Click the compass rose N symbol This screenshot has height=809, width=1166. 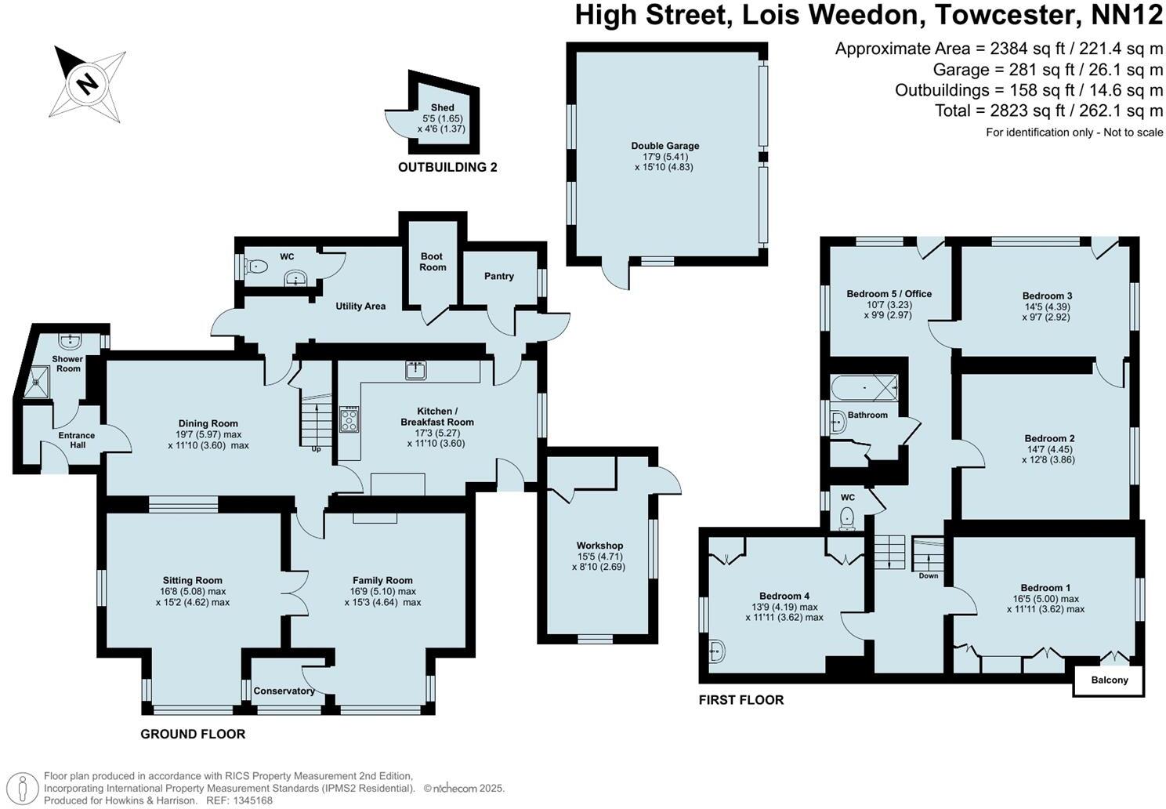[x=89, y=82]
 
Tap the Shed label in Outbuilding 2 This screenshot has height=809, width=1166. [x=442, y=107]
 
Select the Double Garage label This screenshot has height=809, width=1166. [x=664, y=146]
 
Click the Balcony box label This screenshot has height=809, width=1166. [x=1109, y=680]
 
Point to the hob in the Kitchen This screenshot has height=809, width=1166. [x=349, y=419]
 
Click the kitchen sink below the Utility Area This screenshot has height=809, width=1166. [x=415, y=369]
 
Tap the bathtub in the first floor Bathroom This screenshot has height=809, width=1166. [x=864, y=387]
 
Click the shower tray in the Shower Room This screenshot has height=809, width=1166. [x=36, y=383]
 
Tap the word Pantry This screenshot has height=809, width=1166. [x=498, y=276]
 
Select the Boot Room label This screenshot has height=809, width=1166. [x=432, y=262]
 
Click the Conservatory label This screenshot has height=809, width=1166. [x=284, y=691]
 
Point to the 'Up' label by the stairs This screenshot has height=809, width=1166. [x=316, y=449]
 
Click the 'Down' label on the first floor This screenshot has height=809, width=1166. [x=928, y=575]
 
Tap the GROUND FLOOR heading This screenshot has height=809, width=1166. [x=193, y=735]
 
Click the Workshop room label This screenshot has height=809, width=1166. [x=599, y=546]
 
